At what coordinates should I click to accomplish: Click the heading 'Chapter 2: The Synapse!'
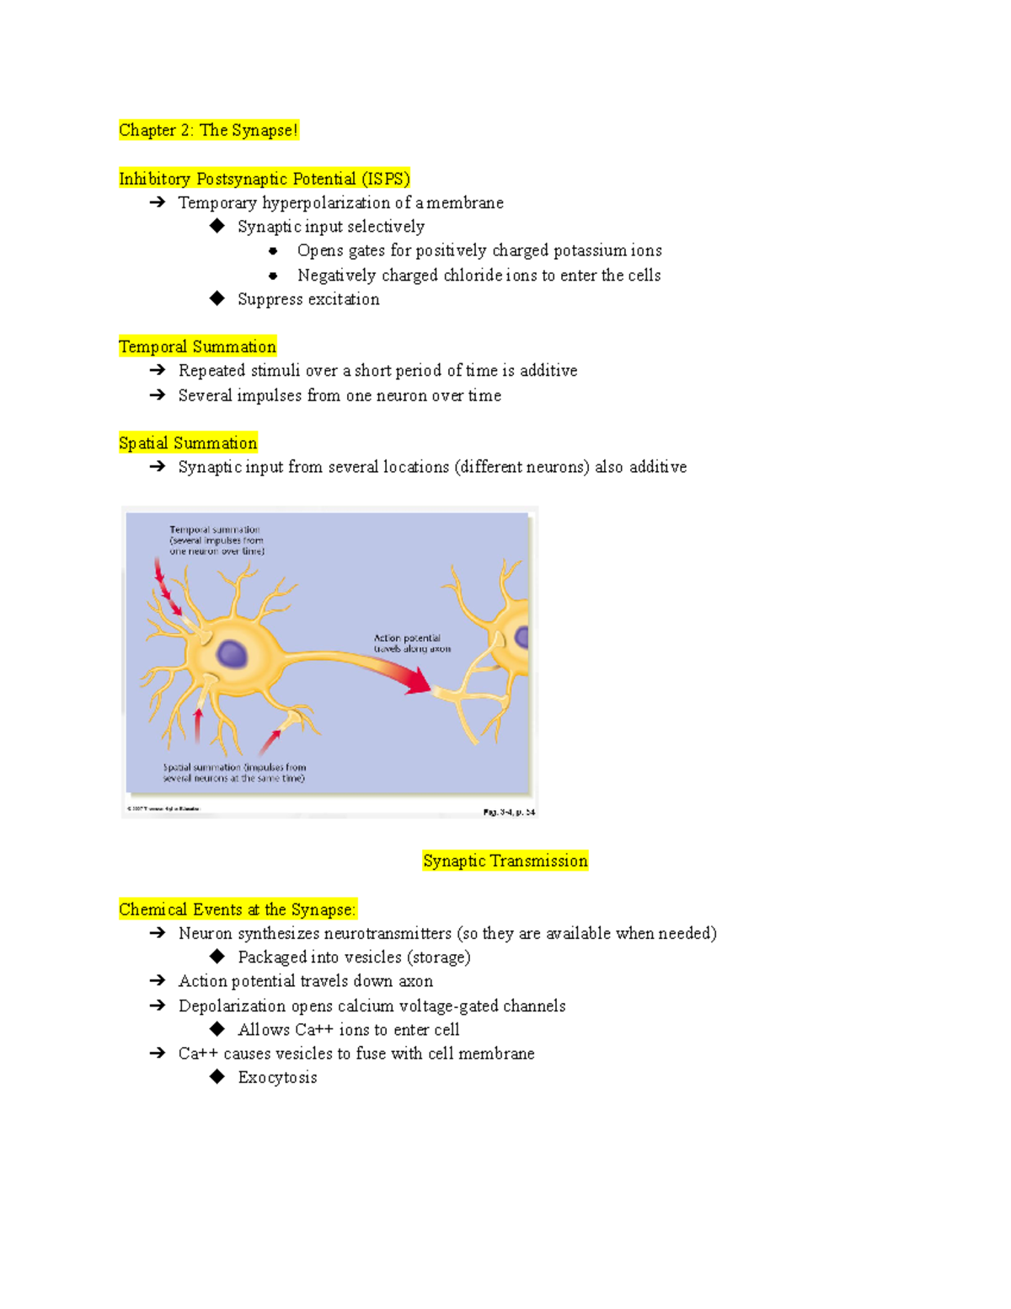pos(208,131)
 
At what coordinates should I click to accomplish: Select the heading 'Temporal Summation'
pos(197,347)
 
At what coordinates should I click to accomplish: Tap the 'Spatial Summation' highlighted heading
pos(188,443)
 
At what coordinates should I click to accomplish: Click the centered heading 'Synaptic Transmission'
pos(505,861)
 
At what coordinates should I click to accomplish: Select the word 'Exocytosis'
pos(277,1078)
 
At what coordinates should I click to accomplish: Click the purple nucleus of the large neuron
pos(232,653)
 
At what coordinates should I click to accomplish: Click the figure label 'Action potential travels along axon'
pos(411,644)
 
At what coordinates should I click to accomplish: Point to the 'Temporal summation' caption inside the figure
pos(216,540)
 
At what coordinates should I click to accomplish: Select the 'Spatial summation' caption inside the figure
pos(234,773)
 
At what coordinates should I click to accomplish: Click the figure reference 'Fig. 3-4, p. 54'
pos(508,813)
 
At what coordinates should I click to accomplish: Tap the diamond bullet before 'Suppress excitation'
pos(217,298)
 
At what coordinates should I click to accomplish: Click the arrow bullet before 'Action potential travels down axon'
pos(157,981)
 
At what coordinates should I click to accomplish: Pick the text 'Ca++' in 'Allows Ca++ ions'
pos(314,1030)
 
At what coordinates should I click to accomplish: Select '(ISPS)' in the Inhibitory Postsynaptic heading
pos(385,180)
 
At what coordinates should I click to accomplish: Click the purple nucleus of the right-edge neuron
pos(522,636)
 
